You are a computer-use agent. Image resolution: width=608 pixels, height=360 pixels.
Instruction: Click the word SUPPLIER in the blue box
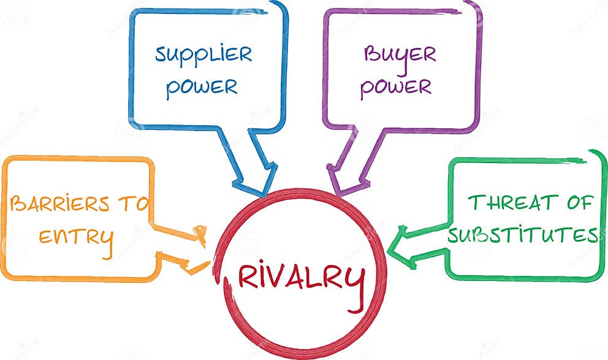click(203, 55)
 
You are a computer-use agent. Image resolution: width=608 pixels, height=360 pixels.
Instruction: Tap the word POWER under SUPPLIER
click(202, 86)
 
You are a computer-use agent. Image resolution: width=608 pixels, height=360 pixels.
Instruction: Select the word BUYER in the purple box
click(400, 55)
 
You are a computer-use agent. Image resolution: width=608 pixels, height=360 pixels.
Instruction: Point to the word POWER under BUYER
click(396, 86)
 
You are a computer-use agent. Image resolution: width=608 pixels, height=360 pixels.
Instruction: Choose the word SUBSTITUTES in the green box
click(522, 234)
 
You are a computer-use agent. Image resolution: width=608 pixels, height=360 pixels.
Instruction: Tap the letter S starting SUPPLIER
click(161, 55)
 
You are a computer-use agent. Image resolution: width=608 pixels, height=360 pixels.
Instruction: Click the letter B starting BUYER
click(370, 54)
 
